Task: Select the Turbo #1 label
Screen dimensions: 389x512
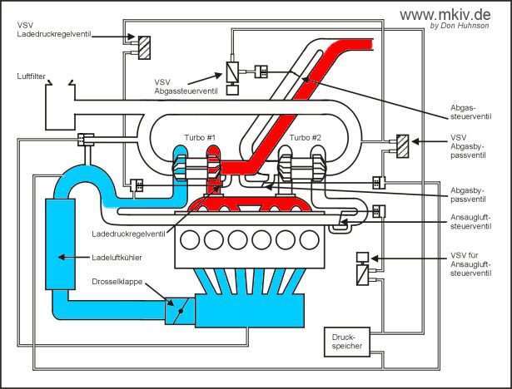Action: click(x=201, y=138)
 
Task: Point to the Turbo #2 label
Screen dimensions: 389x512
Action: click(x=305, y=138)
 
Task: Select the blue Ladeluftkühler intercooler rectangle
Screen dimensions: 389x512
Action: click(x=63, y=245)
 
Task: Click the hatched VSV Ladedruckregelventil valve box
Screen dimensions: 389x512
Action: click(x=143, y=43)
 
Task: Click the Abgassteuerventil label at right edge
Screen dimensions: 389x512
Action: click(x=478, y=111)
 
